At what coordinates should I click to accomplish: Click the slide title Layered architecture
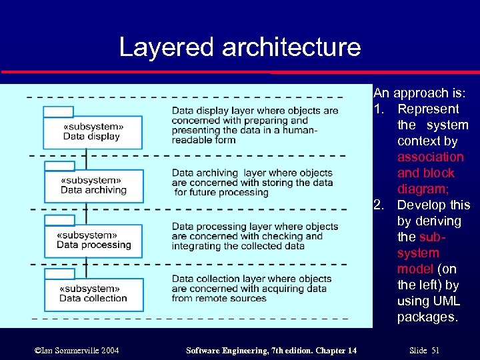coord(239,47)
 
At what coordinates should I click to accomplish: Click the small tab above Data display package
coord(59,111)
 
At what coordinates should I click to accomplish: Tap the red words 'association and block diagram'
coord(430,173)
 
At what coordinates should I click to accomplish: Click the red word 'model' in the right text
coord(416,269)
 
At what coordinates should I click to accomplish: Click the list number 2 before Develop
coord(378,205)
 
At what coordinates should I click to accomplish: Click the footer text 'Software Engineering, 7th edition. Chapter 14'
coord(271,350)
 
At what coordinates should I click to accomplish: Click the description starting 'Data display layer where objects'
coord(254,125)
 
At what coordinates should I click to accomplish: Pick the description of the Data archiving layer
coord(252,183)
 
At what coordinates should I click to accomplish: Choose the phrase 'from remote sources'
coord(219,298)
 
